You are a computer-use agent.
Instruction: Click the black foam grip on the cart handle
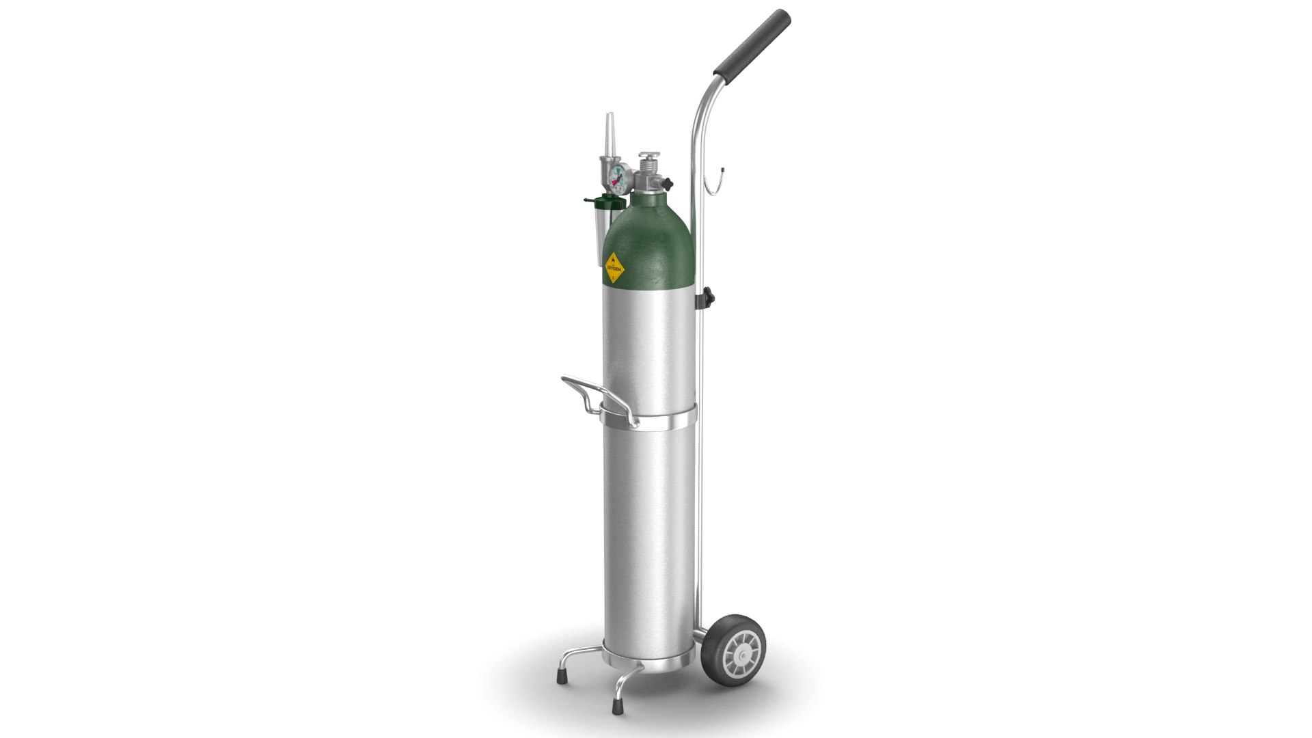pos(752,43)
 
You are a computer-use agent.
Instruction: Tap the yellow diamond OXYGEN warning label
pos(614,269)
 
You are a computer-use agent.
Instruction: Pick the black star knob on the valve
pos(668,184)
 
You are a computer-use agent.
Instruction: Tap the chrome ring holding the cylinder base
pos(649,667)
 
